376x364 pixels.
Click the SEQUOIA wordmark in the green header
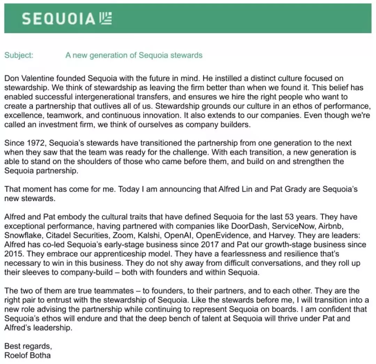click(x=58, y=19)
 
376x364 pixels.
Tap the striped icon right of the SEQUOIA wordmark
click(x=105, y=18)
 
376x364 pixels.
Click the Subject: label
click(x=19, y=55)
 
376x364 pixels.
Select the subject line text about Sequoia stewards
click(x=134, y=55)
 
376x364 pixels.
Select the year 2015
click(x=13, y=254)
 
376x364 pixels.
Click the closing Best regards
click(x=28, y=346)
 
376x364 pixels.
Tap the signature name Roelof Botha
click(x=28, y=355)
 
